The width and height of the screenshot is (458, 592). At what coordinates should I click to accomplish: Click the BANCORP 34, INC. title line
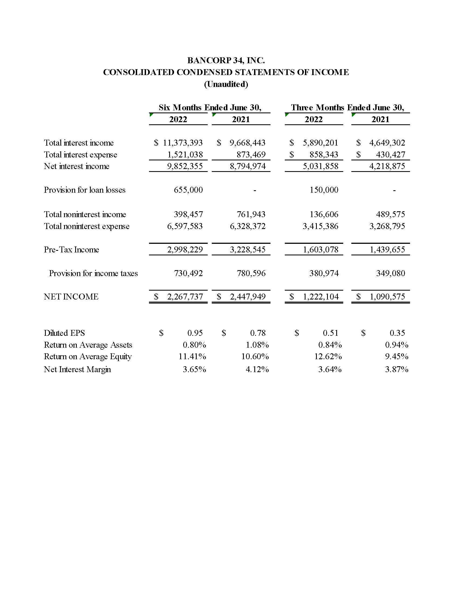[x=226, y=60]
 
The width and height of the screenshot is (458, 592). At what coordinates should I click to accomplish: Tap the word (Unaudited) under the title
[x=226, y=84]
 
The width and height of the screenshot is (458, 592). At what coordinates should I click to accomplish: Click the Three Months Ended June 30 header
[x=347, y=108]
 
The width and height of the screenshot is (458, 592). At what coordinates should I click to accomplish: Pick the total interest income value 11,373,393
[x=183, y=143]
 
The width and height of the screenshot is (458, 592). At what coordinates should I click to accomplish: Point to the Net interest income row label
[x=77, y=166]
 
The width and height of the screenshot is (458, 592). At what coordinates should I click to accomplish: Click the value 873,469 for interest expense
[x=251, y=155]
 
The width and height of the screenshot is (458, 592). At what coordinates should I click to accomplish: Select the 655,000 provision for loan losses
[x=188, y=190]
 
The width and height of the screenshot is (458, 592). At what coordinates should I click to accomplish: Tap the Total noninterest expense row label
[x=86, y=226]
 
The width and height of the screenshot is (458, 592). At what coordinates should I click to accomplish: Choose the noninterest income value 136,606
[x=324, y=214]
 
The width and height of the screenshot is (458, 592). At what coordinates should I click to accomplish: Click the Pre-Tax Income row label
[x=71, y=250]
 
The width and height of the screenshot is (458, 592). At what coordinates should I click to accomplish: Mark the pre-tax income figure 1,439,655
[x=387, y=250]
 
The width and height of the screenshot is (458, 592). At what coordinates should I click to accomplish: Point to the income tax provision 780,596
[x=251, y=273]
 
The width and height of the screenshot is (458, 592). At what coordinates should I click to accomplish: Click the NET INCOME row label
[x=71, y=297]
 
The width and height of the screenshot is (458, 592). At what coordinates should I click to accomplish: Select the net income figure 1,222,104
[x=321, y=297]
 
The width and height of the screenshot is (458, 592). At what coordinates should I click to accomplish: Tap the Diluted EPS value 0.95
[x=195, y=333]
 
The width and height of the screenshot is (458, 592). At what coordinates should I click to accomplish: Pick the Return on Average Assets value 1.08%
[x=257, y=345]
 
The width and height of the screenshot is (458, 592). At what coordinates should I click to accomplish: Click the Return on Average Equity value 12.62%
[x=328, y=357]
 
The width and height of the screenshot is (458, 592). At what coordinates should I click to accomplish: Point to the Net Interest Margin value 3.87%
[x=396, y=369]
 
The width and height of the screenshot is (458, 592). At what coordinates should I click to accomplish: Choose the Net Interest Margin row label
[x=77, y=369]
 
